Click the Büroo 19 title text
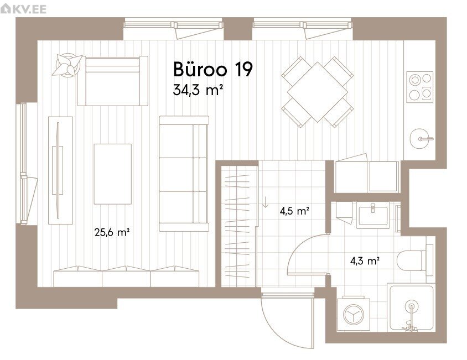pyautogui.click(x=213, y=69)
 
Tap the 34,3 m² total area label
pyautogui.click(x=198, y=90)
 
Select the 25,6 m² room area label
pyautogui.click(x=112, y=232)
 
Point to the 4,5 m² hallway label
pyautogui.click(x=294, y=211)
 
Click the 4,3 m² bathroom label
pyautogui.click(x=365, y=261)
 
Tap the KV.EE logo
pyautogui.click(x=24, y=9)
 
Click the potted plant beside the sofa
pyautogui.click(x=68, y=65)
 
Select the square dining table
pyautogui.click(x=318, y=92)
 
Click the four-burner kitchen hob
pyautogui.click(x=420, y=87)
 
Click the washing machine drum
pyautogui.click(x=354, y=315)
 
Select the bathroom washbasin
pyautogui.click(x=373, y=215)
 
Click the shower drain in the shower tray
pyautogui.click(x=412, y=306)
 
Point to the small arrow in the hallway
pyautogui.click(x=266, y=202)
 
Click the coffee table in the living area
pyautogui.click(x=112, y=174)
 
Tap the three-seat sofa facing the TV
pyautogui.click(x=184, y=174)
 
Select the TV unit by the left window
pyautogui.click(x=60, y=170)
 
